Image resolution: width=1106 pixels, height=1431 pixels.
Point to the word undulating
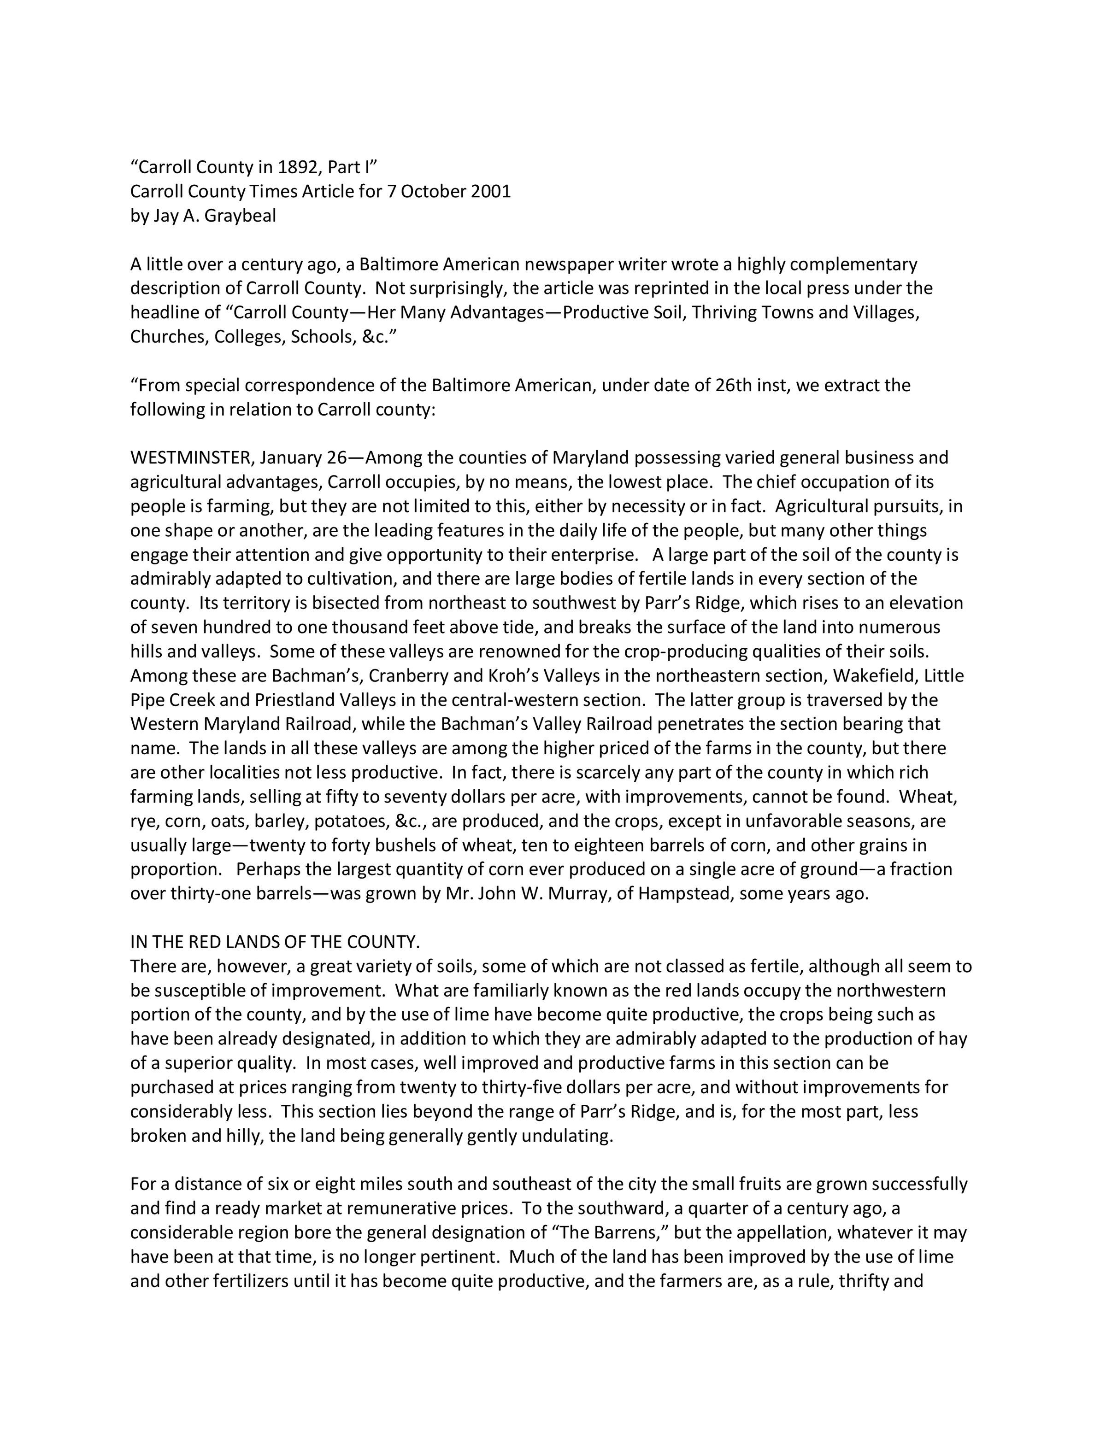(567, 1136)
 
